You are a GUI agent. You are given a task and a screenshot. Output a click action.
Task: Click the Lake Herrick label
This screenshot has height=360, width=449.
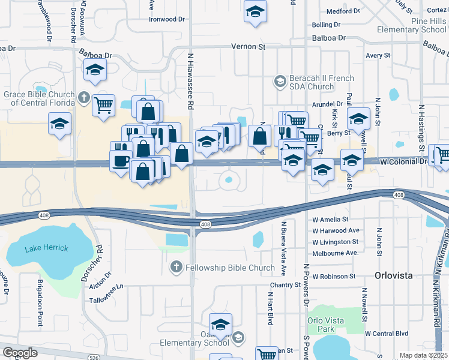pos(46,248)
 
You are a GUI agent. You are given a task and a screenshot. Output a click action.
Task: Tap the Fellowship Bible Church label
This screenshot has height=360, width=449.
pos(222,268)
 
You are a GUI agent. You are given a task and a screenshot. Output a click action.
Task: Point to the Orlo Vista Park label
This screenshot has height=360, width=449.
pos(325,325)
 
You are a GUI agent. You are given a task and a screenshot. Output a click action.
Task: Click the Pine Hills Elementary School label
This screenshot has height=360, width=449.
pos(420,25)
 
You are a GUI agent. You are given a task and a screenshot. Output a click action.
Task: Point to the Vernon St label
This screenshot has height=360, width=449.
pos(248,46)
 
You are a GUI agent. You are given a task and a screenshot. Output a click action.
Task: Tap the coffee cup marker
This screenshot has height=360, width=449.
pos(121,161)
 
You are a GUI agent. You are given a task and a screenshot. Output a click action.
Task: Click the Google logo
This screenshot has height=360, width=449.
pos(20,353)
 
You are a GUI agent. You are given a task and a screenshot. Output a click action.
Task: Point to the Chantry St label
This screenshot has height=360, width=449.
pos(285,284)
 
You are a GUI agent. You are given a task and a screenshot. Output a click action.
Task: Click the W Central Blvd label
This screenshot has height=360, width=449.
pos(386,334)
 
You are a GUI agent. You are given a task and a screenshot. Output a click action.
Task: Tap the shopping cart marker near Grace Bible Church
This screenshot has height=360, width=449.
pos(103,105)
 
